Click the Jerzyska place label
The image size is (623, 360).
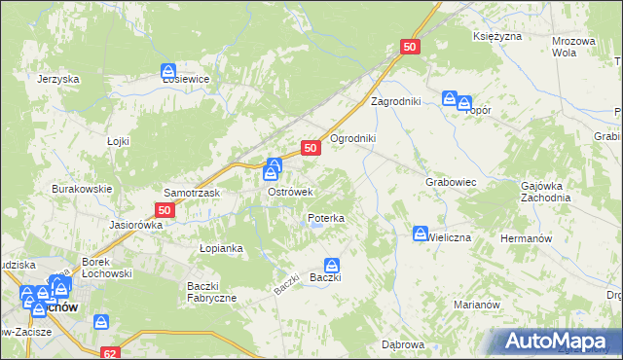(56, 80)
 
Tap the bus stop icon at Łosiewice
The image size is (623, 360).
(168, 71)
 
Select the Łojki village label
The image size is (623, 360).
(118, 141)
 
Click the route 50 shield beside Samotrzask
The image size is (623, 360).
(165, 209)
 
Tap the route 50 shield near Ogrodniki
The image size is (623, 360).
(311, 148)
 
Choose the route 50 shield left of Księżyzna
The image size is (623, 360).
(410, 47)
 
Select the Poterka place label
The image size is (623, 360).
(326, 219)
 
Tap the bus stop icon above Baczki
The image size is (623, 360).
(332, 265)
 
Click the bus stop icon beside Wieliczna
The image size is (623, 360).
(419, 234)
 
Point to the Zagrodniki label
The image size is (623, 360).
(394, 101)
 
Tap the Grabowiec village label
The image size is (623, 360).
(450, 181)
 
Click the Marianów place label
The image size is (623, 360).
(476, 304)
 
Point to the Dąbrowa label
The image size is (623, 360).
(403, 344)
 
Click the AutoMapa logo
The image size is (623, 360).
(557, 341)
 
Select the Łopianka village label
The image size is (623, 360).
(221, 248)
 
